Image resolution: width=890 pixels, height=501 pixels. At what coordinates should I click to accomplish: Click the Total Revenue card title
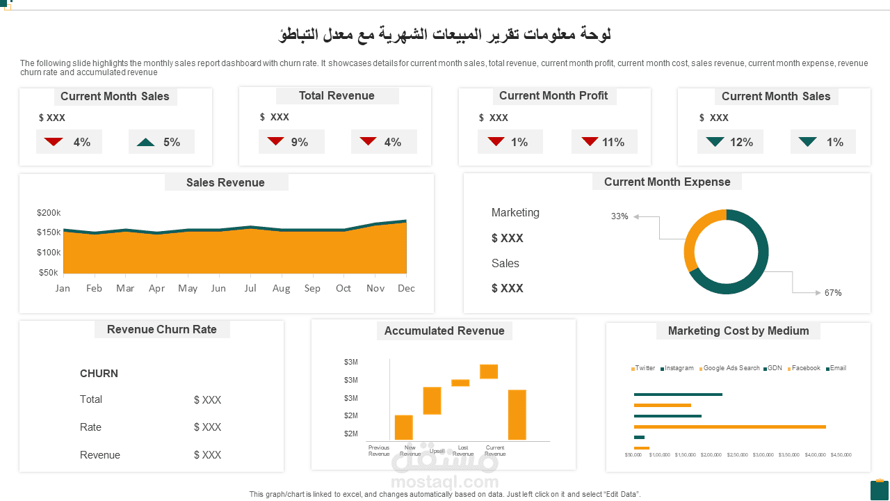337,96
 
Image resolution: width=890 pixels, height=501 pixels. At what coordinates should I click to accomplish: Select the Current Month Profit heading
553,96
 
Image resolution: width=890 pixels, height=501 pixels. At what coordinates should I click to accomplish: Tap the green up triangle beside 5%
146,142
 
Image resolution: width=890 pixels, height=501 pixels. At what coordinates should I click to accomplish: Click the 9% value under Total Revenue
300,142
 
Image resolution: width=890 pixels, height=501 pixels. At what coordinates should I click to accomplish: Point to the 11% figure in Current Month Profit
613,142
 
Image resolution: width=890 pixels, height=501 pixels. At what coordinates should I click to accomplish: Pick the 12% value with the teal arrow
741,142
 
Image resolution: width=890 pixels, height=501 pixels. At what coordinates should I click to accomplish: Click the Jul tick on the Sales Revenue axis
250,288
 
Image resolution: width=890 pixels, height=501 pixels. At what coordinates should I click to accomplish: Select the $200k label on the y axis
49,213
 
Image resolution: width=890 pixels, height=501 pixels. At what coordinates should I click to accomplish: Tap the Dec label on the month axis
406,288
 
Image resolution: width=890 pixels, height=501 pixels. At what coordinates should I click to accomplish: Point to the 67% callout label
833,293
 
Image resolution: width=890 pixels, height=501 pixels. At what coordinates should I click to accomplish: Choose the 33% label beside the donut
620,216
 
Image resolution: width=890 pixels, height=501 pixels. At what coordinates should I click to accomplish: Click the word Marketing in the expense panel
515,213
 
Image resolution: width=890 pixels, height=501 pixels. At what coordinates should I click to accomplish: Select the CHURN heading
99,374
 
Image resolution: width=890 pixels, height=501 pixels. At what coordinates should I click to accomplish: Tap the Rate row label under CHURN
90,427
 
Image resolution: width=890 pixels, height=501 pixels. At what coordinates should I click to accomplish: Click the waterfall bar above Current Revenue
517,415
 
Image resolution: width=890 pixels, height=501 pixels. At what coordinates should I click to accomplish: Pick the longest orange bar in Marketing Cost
729,427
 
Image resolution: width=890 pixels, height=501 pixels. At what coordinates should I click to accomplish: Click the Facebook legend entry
806,368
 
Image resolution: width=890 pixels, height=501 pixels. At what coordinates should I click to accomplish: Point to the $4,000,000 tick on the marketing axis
815,455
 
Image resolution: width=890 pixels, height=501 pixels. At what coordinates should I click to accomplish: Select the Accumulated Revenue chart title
444,331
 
